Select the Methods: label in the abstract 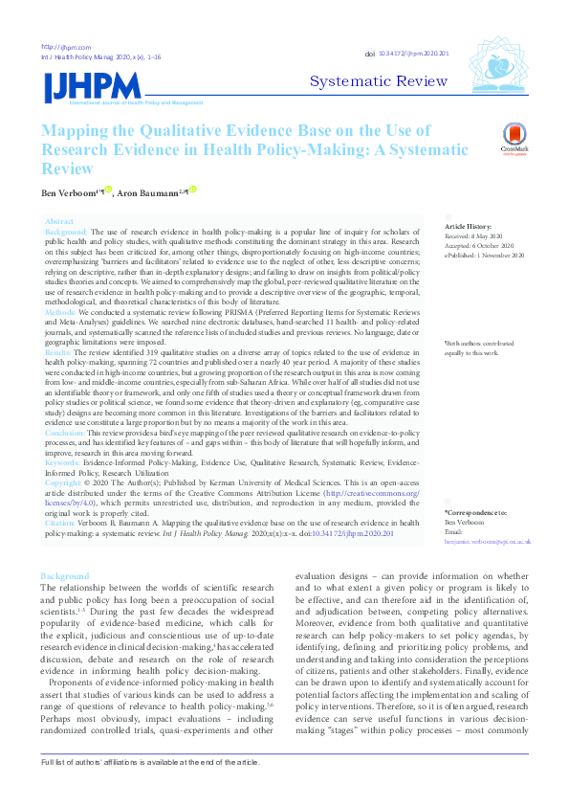coord(62,312)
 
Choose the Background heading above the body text coord(64,576)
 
